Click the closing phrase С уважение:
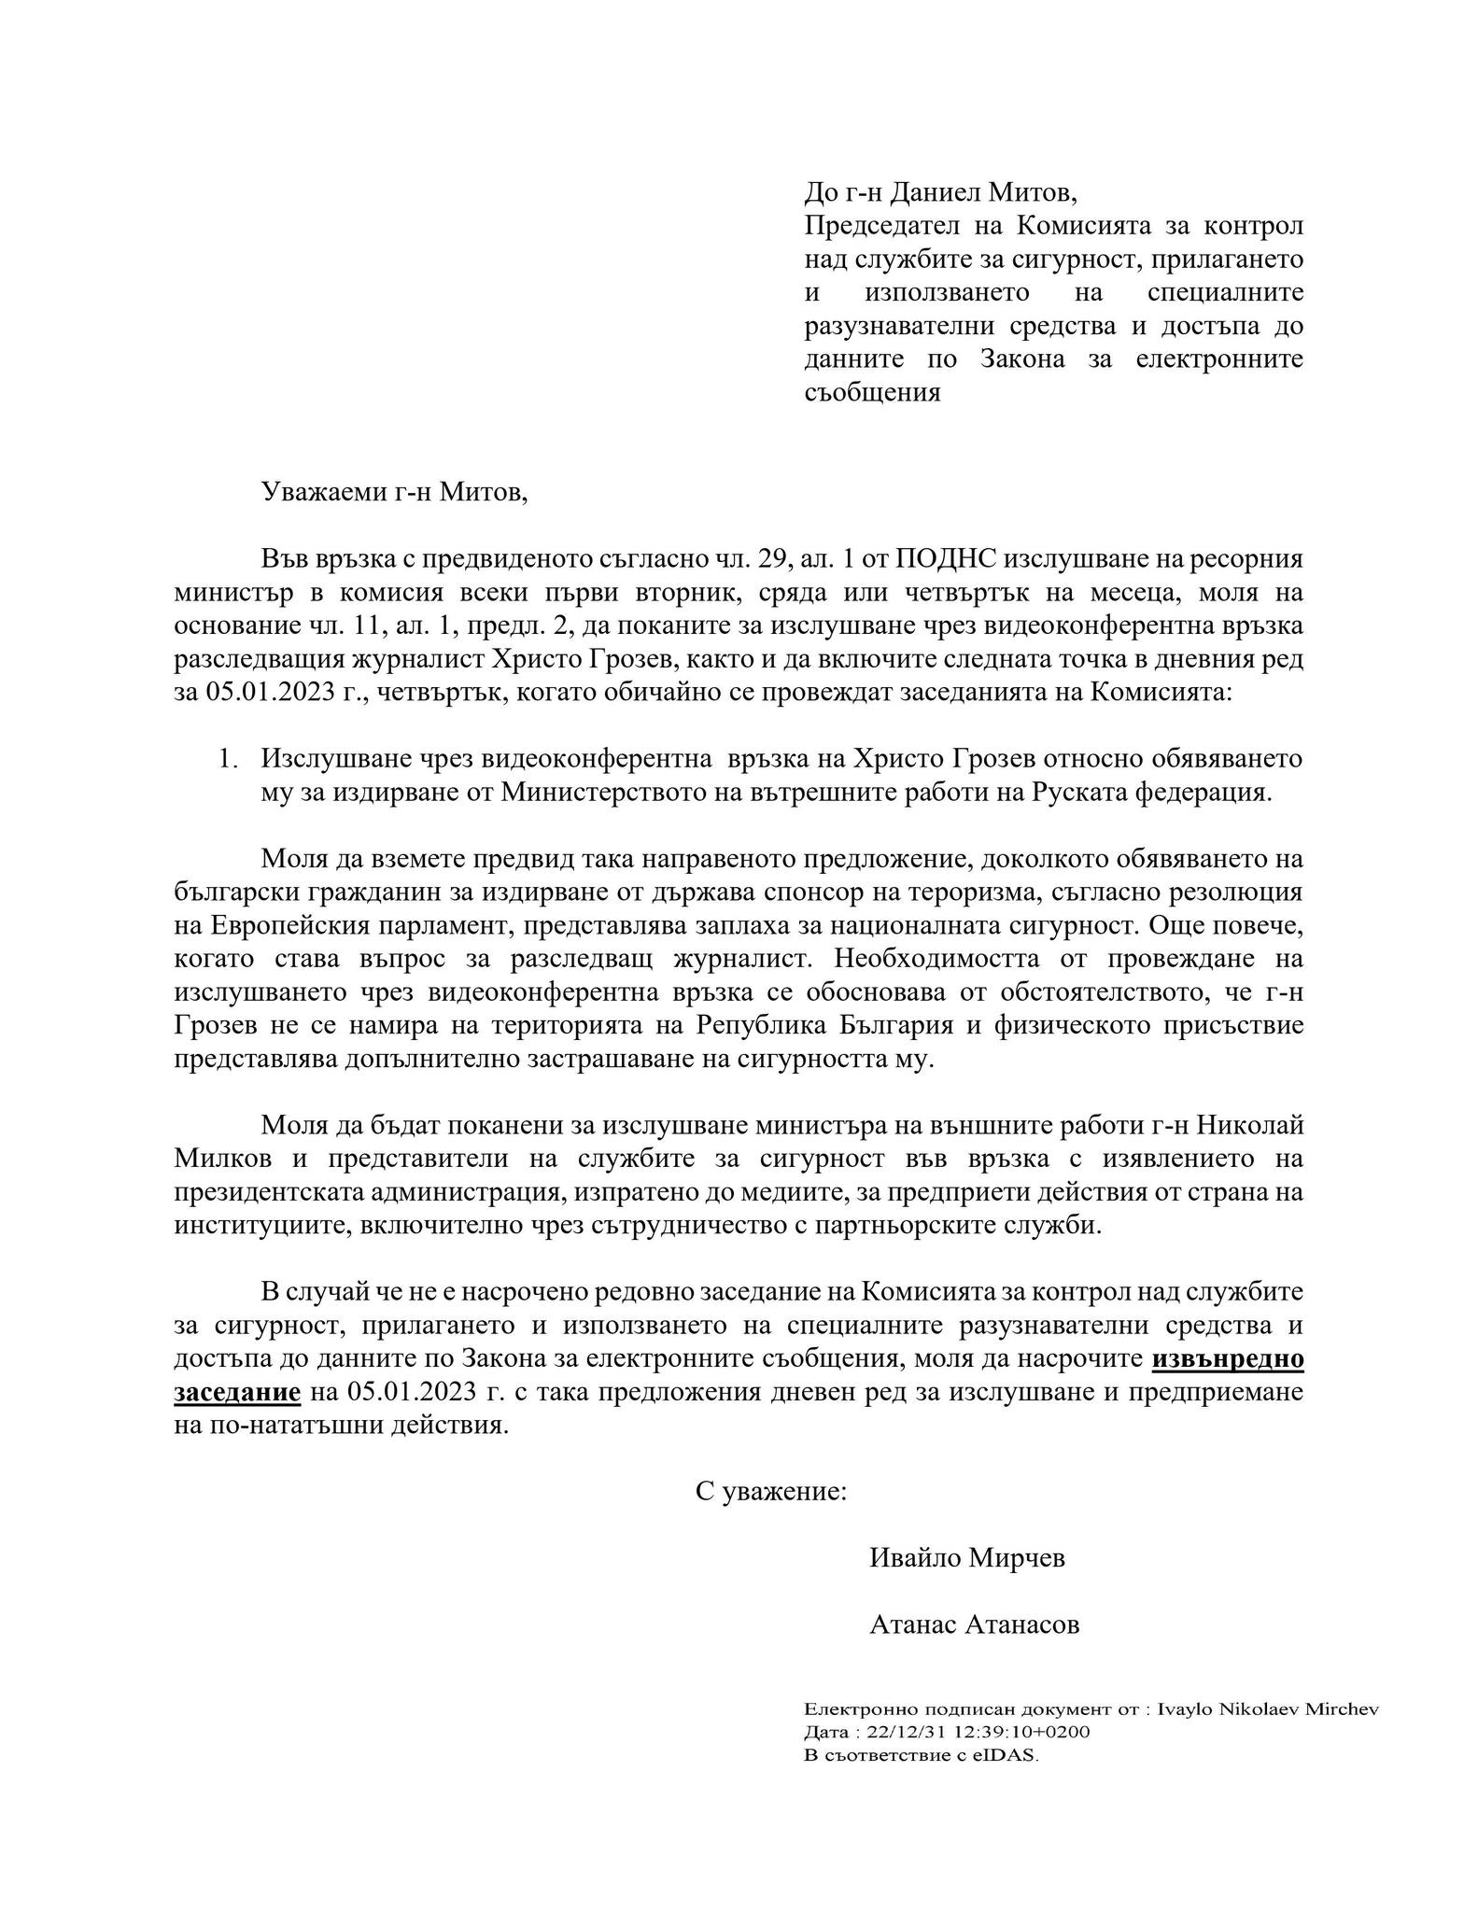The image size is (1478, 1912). [x=771, y=1491]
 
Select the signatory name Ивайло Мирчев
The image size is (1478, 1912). [x=966, y=1558]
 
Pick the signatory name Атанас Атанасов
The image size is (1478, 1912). [x=974, y=1624]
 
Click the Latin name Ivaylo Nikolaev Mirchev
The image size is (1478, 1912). [x=1267, y=1709]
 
